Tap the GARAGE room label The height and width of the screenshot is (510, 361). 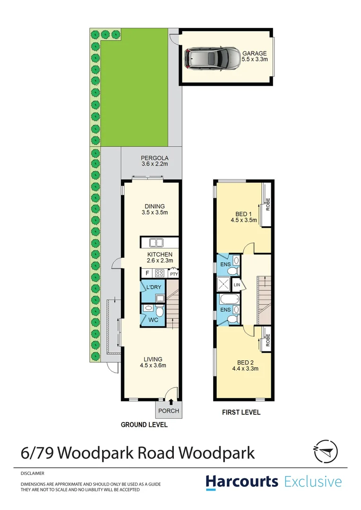255,53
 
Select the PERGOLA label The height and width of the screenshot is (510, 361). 155,158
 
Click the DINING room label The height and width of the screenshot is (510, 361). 155,206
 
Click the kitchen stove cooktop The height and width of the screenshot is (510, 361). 160,273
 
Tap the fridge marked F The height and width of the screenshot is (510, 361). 147,273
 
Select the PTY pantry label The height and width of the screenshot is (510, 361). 174,273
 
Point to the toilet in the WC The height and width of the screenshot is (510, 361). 159,312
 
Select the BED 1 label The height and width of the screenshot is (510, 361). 243,213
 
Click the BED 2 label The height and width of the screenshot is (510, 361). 243,362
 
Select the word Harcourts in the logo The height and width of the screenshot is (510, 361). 241,482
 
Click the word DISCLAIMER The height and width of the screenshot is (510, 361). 33,473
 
